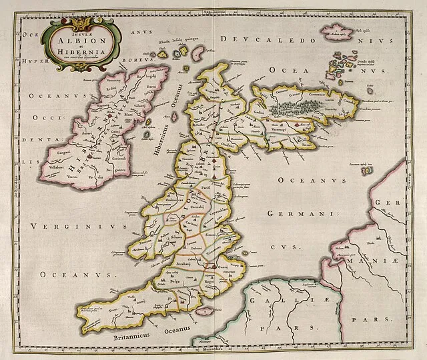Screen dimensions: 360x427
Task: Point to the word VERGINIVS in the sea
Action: [x=63, y=227]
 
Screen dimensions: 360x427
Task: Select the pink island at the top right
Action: [x=339, y=31]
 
